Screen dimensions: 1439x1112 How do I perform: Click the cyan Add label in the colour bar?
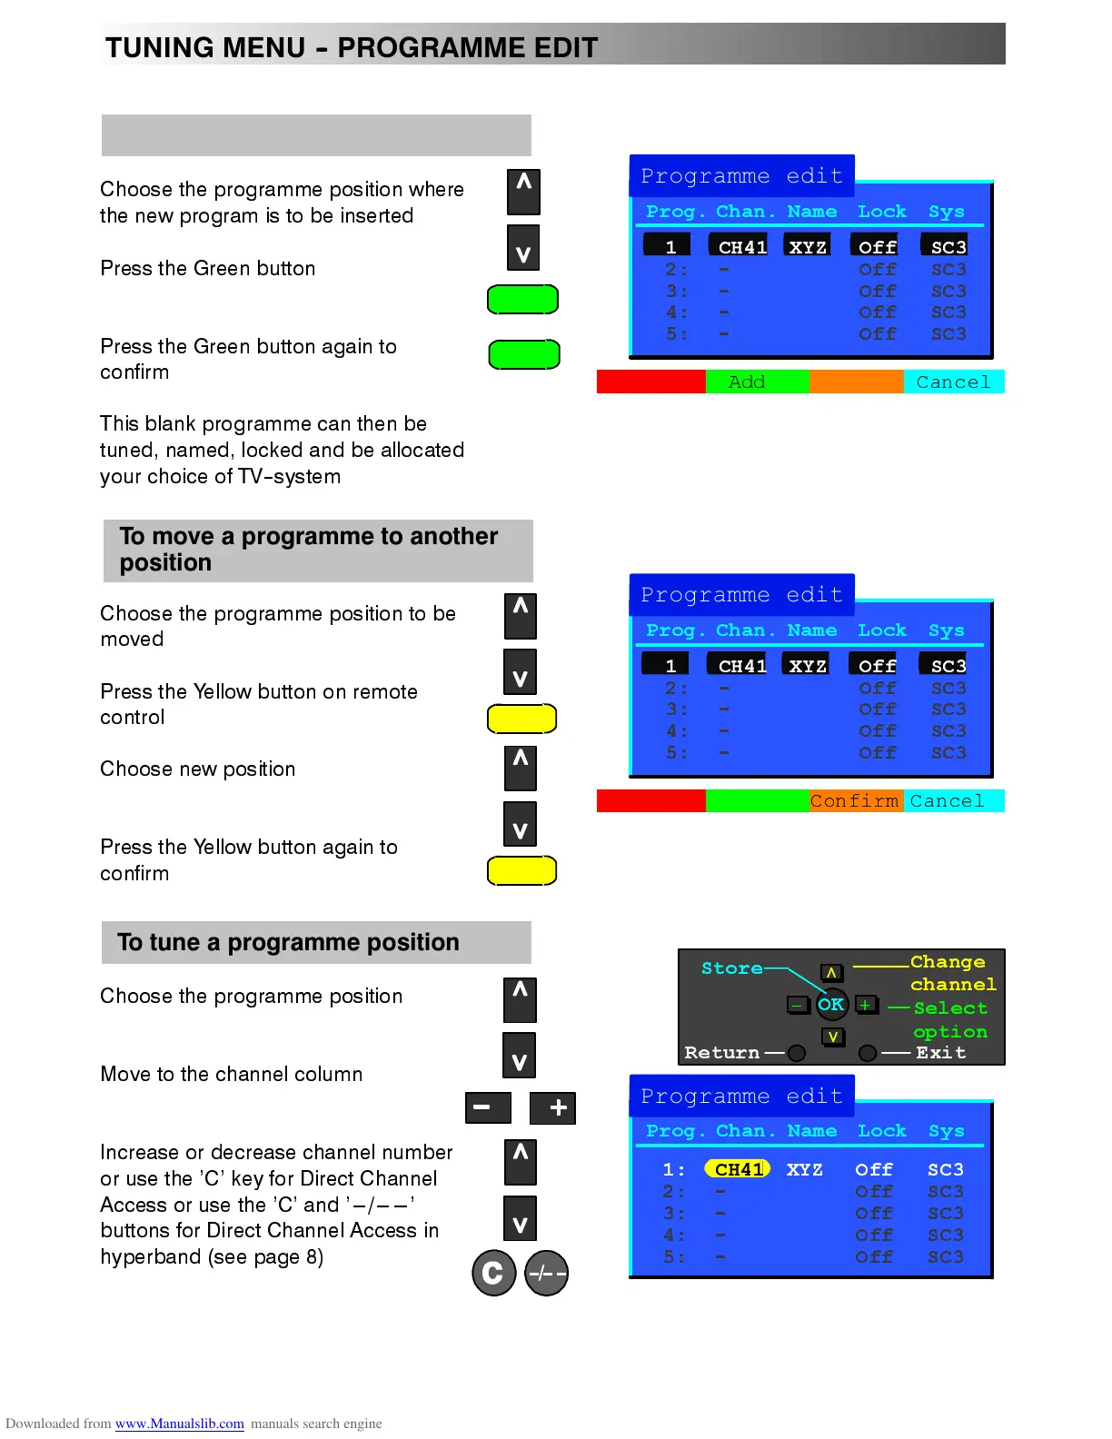pyautogui.click(x=747, y=382)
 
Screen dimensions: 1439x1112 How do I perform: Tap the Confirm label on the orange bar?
pyautogui.click(x=854, y=801)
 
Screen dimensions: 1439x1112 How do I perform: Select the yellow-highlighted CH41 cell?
pyautogui.click(x=738, y=1169)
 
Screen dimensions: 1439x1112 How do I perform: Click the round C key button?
pyautogui.click(x=493, y=1273)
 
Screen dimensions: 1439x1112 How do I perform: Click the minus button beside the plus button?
pyautogui.click(x=488, y=1107)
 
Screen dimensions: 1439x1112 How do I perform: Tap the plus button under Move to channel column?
pyautogui.click(x=553, y=1107)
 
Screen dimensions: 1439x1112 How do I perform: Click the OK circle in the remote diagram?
pyautogui.click(x=830, y=1005)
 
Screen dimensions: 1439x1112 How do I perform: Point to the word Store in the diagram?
pyautogui.click(x=731, y=968)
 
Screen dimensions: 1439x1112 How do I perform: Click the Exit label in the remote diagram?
pyautogui.click(x=940, y=1053)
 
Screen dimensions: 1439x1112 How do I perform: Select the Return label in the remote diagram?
pyautogui.click(x=721, y=1053)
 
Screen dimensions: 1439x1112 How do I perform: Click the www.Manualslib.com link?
pyautogui.click(x=179, y=1424)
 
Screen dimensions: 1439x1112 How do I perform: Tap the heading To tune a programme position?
pyautogui.click(x=288, y=942)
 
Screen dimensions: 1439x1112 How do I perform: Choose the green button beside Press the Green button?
pyautogui.click(x=522, y=299)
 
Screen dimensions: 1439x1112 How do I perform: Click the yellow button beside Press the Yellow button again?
pyautogui.click(x=522, y=870)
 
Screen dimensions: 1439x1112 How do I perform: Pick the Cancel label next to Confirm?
pyautogui.click(x=947, y=801)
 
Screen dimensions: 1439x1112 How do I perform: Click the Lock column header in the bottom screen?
pyautogui.click(x=881, y=1131)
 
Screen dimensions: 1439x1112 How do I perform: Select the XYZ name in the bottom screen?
pyautogui.click(x=804, y=1169)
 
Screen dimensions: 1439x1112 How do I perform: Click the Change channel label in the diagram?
pyautogui.click(x=951, y=973)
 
